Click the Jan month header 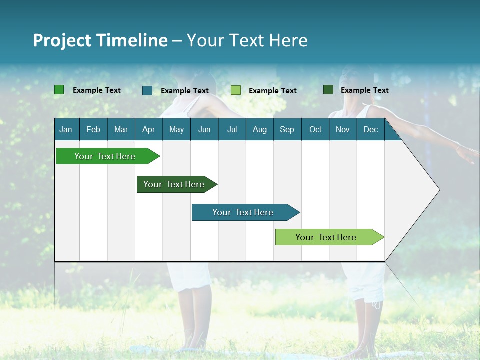(x=66, y=129)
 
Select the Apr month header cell (x=149, y=129)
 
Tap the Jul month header (x=232, y=129)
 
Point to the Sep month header (x=287, y=129)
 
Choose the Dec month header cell (x=370, y=129)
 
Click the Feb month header (x=93, y=129)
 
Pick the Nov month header (x=343, y=129)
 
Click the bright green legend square (x=59, y=90)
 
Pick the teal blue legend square (x=147, y=90)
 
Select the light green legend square (x=236, y=90)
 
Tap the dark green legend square (x=328, y=90)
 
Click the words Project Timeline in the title (x=100, y=40)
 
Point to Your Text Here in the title (x=247, y=40)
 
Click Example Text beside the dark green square (x=364, y=90)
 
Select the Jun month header (x=204, y=129)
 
